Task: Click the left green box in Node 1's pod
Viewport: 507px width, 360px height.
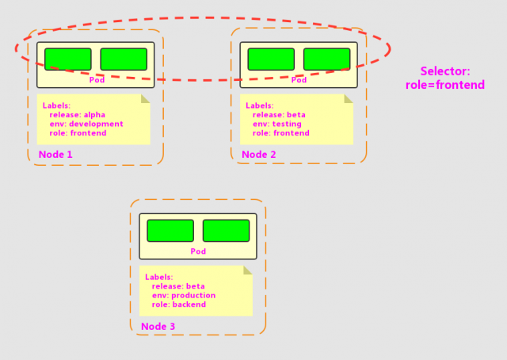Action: coord(68,59)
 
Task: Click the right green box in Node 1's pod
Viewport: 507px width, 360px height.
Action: coord(124,59)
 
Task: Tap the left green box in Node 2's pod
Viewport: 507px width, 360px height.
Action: coord(271,59)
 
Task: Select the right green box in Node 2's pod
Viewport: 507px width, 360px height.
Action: coord(327,59)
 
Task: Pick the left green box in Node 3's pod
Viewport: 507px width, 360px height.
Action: coord(170,231)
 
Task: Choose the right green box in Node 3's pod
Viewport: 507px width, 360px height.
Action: coord(226,231)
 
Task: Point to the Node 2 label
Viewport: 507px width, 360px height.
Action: coord(259,155)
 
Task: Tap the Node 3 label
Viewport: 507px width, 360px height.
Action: coord(158,327)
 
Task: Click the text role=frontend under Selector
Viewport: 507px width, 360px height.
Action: coord(445,85)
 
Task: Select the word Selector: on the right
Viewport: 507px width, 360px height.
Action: coord(445,71)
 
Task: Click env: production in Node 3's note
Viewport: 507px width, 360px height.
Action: coord(184,296)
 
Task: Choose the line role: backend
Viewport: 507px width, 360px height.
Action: coord(179,304)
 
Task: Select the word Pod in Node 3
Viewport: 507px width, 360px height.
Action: coord(198,251)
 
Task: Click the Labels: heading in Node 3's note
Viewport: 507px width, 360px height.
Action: coord(158,278)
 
